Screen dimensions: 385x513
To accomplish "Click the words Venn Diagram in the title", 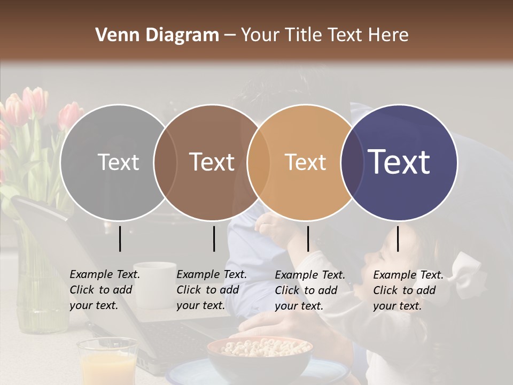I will point(157,35).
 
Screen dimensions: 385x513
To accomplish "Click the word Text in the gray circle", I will point(118,162).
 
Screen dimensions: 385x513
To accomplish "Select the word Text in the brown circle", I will point(212,162).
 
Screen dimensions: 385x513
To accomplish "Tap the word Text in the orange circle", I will point(305,162).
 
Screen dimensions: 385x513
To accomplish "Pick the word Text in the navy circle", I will point(399,162).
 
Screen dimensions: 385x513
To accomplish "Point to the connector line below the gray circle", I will point(120,238).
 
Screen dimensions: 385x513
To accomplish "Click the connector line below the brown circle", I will point(214,238).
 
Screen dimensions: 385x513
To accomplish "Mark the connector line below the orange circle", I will point(308,238).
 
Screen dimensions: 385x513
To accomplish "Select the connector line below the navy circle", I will point(398,238).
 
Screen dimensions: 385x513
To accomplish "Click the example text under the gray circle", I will point(104,290).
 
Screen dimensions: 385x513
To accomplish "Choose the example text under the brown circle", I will point(211,290).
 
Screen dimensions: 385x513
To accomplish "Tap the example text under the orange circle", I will point(309,290).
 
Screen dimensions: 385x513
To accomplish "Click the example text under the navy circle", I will point(408,290).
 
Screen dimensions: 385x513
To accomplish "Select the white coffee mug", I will point(155,283).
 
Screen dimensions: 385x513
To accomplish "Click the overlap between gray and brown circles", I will point(165,162).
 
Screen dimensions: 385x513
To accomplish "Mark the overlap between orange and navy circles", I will point(352,162).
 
